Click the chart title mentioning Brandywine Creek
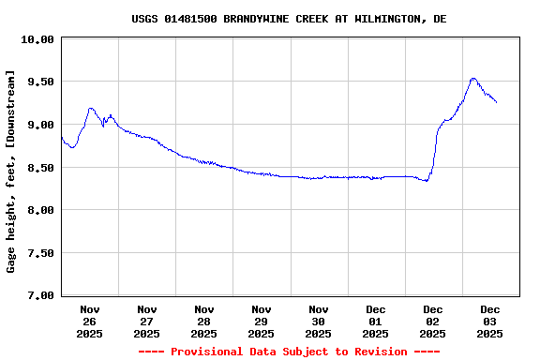289,19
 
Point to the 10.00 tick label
37,39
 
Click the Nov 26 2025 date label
90,321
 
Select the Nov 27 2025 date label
147,321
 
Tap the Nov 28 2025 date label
204,321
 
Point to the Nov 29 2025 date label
262,321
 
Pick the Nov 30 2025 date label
319,321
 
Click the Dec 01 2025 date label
376,321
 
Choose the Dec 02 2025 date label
433,321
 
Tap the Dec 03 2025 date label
490,321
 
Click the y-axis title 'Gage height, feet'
11,171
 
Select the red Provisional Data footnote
289,352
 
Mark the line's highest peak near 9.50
473,79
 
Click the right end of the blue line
496,102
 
